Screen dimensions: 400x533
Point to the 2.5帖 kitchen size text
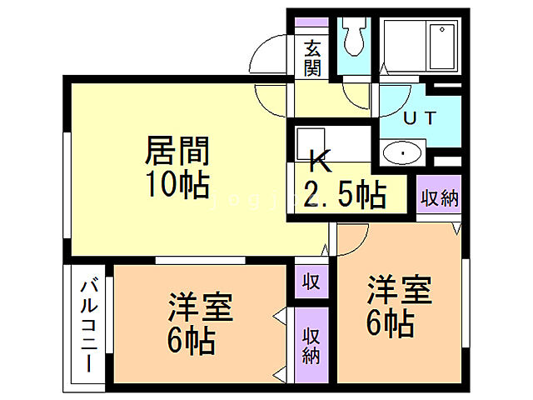click(x=345, y=196)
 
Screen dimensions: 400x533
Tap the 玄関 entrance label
click(x=313, y=58)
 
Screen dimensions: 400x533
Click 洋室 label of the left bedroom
click(x=200, y=308)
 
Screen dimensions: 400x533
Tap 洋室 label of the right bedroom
click(x=400, y=292)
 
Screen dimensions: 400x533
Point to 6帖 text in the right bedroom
click(x=390, y=323)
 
